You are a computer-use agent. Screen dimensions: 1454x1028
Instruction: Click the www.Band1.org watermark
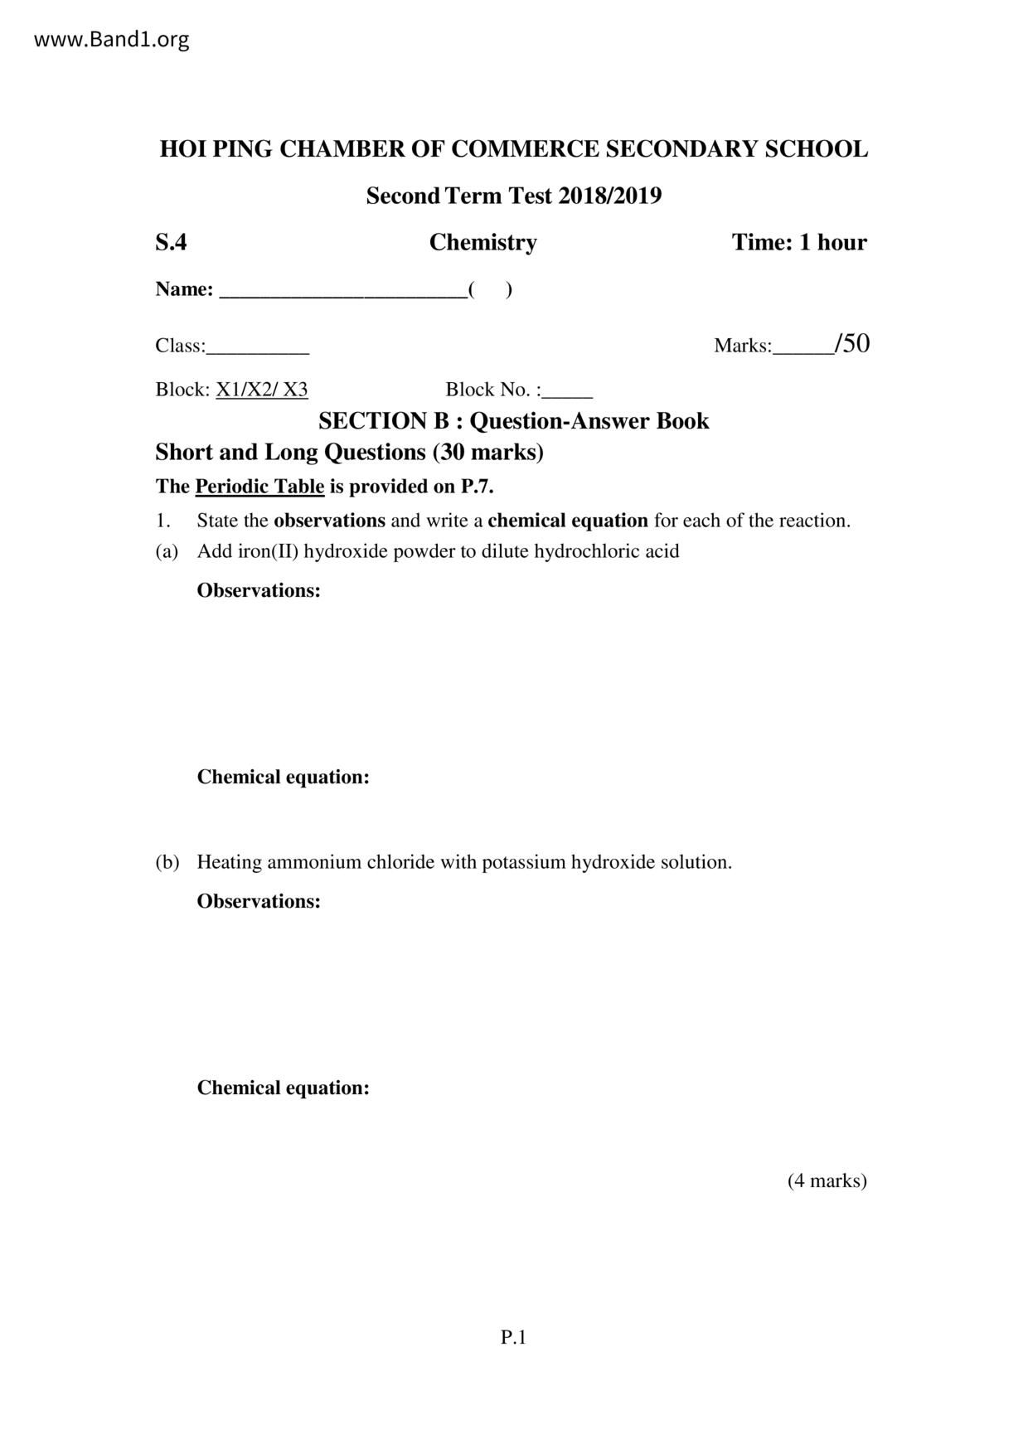[x=111, y=39]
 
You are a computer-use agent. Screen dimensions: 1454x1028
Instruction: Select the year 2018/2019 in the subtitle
[x=609, y=196]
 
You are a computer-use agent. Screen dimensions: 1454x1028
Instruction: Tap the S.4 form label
[x=171, y=242]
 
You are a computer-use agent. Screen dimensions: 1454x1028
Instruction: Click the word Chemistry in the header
[x=482, y=242]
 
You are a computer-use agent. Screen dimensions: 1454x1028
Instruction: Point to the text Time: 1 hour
[x=798, y=242]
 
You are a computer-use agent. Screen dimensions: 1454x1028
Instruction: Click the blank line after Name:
[x=342, y=292]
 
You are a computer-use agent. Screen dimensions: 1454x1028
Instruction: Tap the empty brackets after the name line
[x=490, y=289]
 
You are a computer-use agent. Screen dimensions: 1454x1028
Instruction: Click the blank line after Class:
[x=258, y=350]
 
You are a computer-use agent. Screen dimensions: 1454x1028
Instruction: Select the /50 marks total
[x=852, y=343]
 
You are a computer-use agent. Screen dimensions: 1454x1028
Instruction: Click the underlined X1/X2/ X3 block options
[x=262, y=390]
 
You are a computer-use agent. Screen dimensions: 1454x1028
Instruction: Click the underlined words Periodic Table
[x=259, y=487]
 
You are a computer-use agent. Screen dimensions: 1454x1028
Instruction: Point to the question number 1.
[x=162, y=521]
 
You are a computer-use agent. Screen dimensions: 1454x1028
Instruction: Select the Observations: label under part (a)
[x=259, y=591]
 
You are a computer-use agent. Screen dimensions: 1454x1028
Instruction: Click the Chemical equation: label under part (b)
[x=283, y=1088]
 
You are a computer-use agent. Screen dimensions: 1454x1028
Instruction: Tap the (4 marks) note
[x=827, y=1180]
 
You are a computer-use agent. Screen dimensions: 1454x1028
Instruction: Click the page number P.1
[x=513, y=1337]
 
